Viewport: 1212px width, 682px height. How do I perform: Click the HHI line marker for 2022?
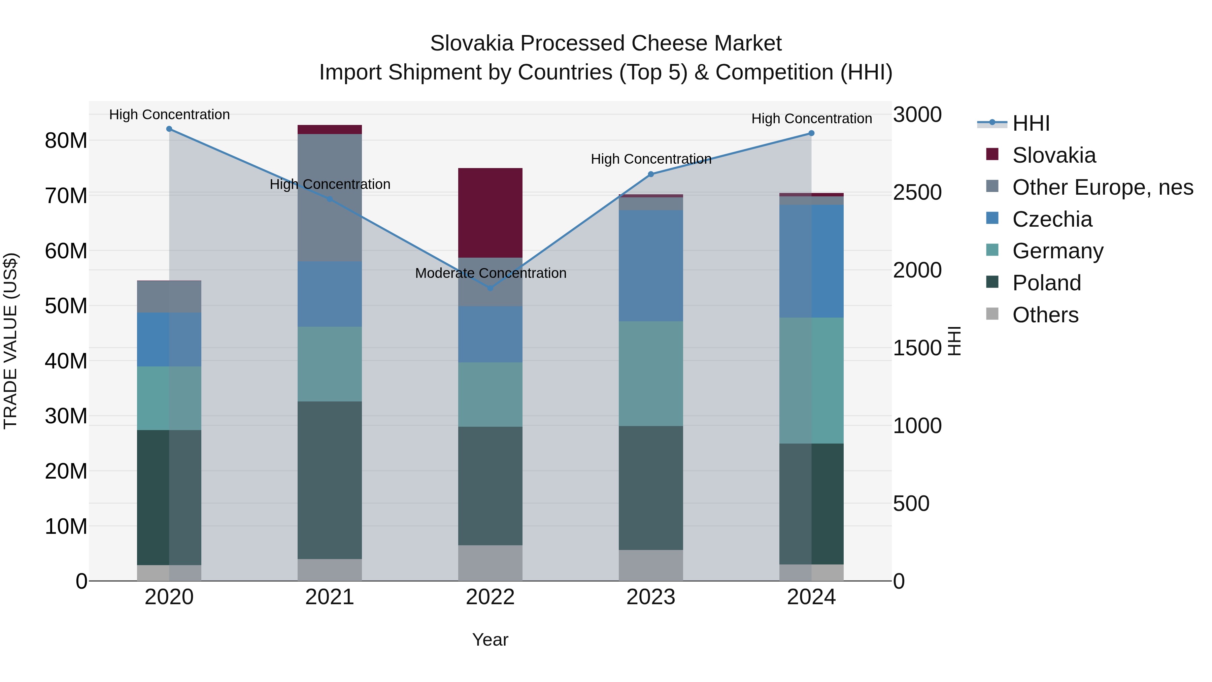coord(490,288)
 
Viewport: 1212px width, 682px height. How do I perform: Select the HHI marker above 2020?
coord(169,129)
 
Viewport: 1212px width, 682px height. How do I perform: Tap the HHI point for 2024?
coord(811,133)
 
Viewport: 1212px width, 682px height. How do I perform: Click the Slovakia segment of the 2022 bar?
coord(490,213)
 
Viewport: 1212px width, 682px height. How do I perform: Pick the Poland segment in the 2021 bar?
coord(330,480)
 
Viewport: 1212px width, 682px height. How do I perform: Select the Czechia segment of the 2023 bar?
coord(651,266)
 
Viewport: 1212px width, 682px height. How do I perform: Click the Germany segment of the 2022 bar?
coord(490,394)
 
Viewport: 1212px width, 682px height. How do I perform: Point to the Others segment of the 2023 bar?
coord(651,565)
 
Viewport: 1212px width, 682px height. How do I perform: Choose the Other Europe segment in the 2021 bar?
coord(330,198)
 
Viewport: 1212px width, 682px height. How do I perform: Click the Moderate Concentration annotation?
coord(490,273)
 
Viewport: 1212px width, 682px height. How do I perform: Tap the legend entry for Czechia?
coord(1052,219)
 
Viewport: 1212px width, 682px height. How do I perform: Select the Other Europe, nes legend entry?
coord(1102,187)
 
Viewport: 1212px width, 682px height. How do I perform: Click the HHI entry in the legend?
coord(1031,123)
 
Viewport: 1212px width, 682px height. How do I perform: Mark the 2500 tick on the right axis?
coord(917,193)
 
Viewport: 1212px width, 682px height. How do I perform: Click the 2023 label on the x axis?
coord(651,597)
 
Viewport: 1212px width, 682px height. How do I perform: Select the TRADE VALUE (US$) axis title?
coord(10,341)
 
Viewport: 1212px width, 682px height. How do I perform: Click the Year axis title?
coord(490,640)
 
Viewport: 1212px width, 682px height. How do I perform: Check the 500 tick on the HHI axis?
coord(911,504)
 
